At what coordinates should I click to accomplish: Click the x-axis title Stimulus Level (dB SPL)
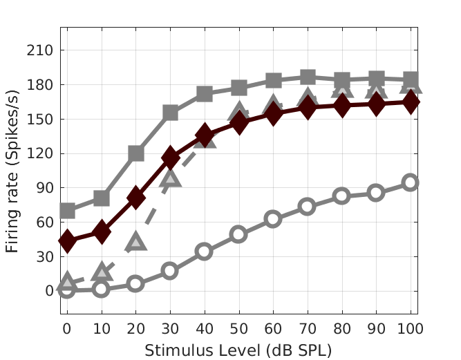238,350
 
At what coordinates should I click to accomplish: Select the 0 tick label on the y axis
50,290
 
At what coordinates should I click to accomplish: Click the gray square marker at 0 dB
67,211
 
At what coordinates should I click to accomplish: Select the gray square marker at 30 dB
170,113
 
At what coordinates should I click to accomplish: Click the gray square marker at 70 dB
308,77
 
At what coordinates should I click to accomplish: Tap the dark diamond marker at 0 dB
67,240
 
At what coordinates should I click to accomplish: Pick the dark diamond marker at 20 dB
135,198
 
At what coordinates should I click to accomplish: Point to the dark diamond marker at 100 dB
411,102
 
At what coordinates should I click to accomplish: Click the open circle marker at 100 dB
411,182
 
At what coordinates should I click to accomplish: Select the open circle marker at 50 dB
238,234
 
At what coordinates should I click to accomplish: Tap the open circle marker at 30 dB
170,271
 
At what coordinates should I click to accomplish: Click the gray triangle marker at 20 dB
135,242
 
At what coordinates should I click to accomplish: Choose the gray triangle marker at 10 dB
102,272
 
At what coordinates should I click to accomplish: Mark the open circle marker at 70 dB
308,206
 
